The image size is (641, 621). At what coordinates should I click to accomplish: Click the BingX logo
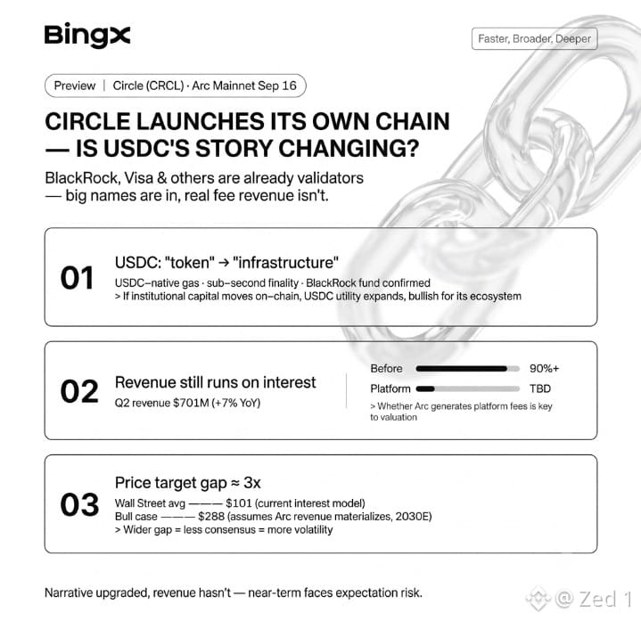coord(87,36)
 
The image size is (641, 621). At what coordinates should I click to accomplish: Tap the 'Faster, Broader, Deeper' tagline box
coord(534,39)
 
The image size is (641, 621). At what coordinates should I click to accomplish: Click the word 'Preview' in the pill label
coord(74,86)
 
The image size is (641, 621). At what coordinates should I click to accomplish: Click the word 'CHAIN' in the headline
coord(413,121)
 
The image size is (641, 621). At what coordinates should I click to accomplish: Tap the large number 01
coord(78,278)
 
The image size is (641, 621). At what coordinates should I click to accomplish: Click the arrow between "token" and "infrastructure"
coord(224,263)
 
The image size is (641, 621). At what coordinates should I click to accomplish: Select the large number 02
coord(79,391)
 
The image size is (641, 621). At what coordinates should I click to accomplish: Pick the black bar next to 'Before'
coord(462,369)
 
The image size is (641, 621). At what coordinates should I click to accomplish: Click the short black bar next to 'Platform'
coord(425,388)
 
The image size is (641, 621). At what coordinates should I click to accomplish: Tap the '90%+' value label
coord(544,369)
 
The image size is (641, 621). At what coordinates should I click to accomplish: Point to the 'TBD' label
coord(540,388)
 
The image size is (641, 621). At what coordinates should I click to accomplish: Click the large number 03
coord(79,504)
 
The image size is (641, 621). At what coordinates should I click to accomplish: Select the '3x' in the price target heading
coord(251,483)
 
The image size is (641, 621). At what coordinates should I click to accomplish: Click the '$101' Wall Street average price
coord(238,503)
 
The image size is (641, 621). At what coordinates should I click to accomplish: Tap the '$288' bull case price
coord(211,517)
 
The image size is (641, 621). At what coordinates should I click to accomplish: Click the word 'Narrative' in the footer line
coord(69,592)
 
